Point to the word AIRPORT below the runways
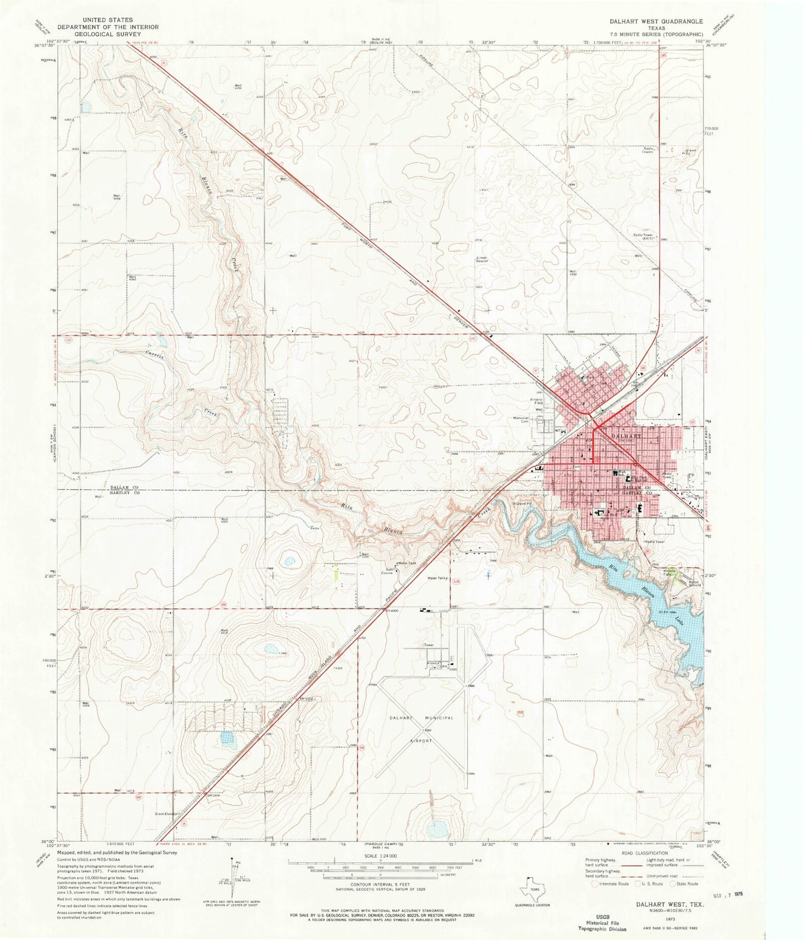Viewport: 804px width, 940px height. tap(421, 741)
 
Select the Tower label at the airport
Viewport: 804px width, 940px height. tap(428, 645)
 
